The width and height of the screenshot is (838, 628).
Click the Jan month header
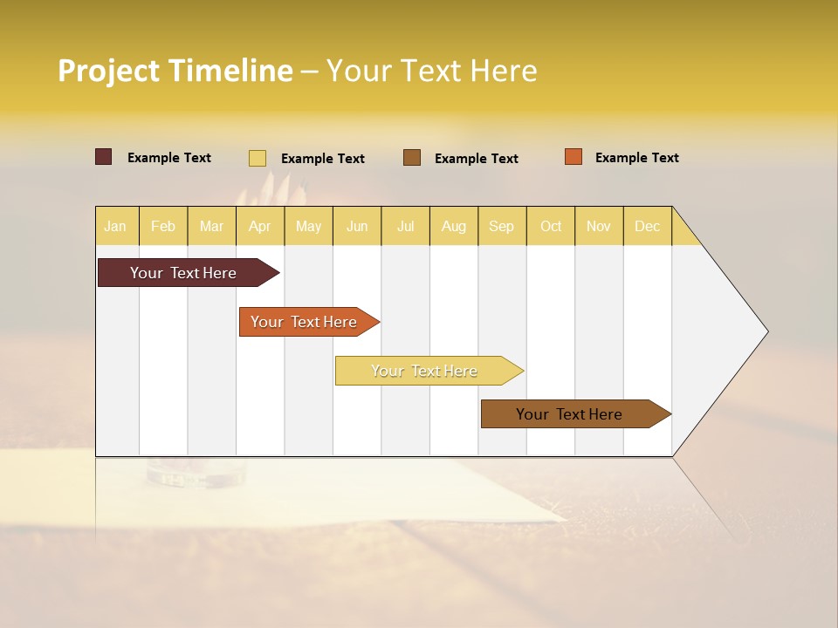115,226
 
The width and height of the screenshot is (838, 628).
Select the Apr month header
259,226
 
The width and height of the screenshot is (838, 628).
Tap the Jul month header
405,226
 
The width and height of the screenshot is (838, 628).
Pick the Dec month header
647,226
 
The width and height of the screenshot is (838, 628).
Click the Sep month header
501,226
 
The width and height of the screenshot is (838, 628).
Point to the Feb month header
163,226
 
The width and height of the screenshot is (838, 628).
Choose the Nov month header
598,226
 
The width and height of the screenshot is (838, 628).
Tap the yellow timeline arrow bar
425,371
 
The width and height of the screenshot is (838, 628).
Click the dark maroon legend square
103,157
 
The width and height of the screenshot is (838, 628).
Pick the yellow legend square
258,158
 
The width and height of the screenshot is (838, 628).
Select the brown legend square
412,158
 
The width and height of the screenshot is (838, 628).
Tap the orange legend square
573,157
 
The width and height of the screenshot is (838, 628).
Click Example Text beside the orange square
636,158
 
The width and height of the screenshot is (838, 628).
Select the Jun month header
357,226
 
